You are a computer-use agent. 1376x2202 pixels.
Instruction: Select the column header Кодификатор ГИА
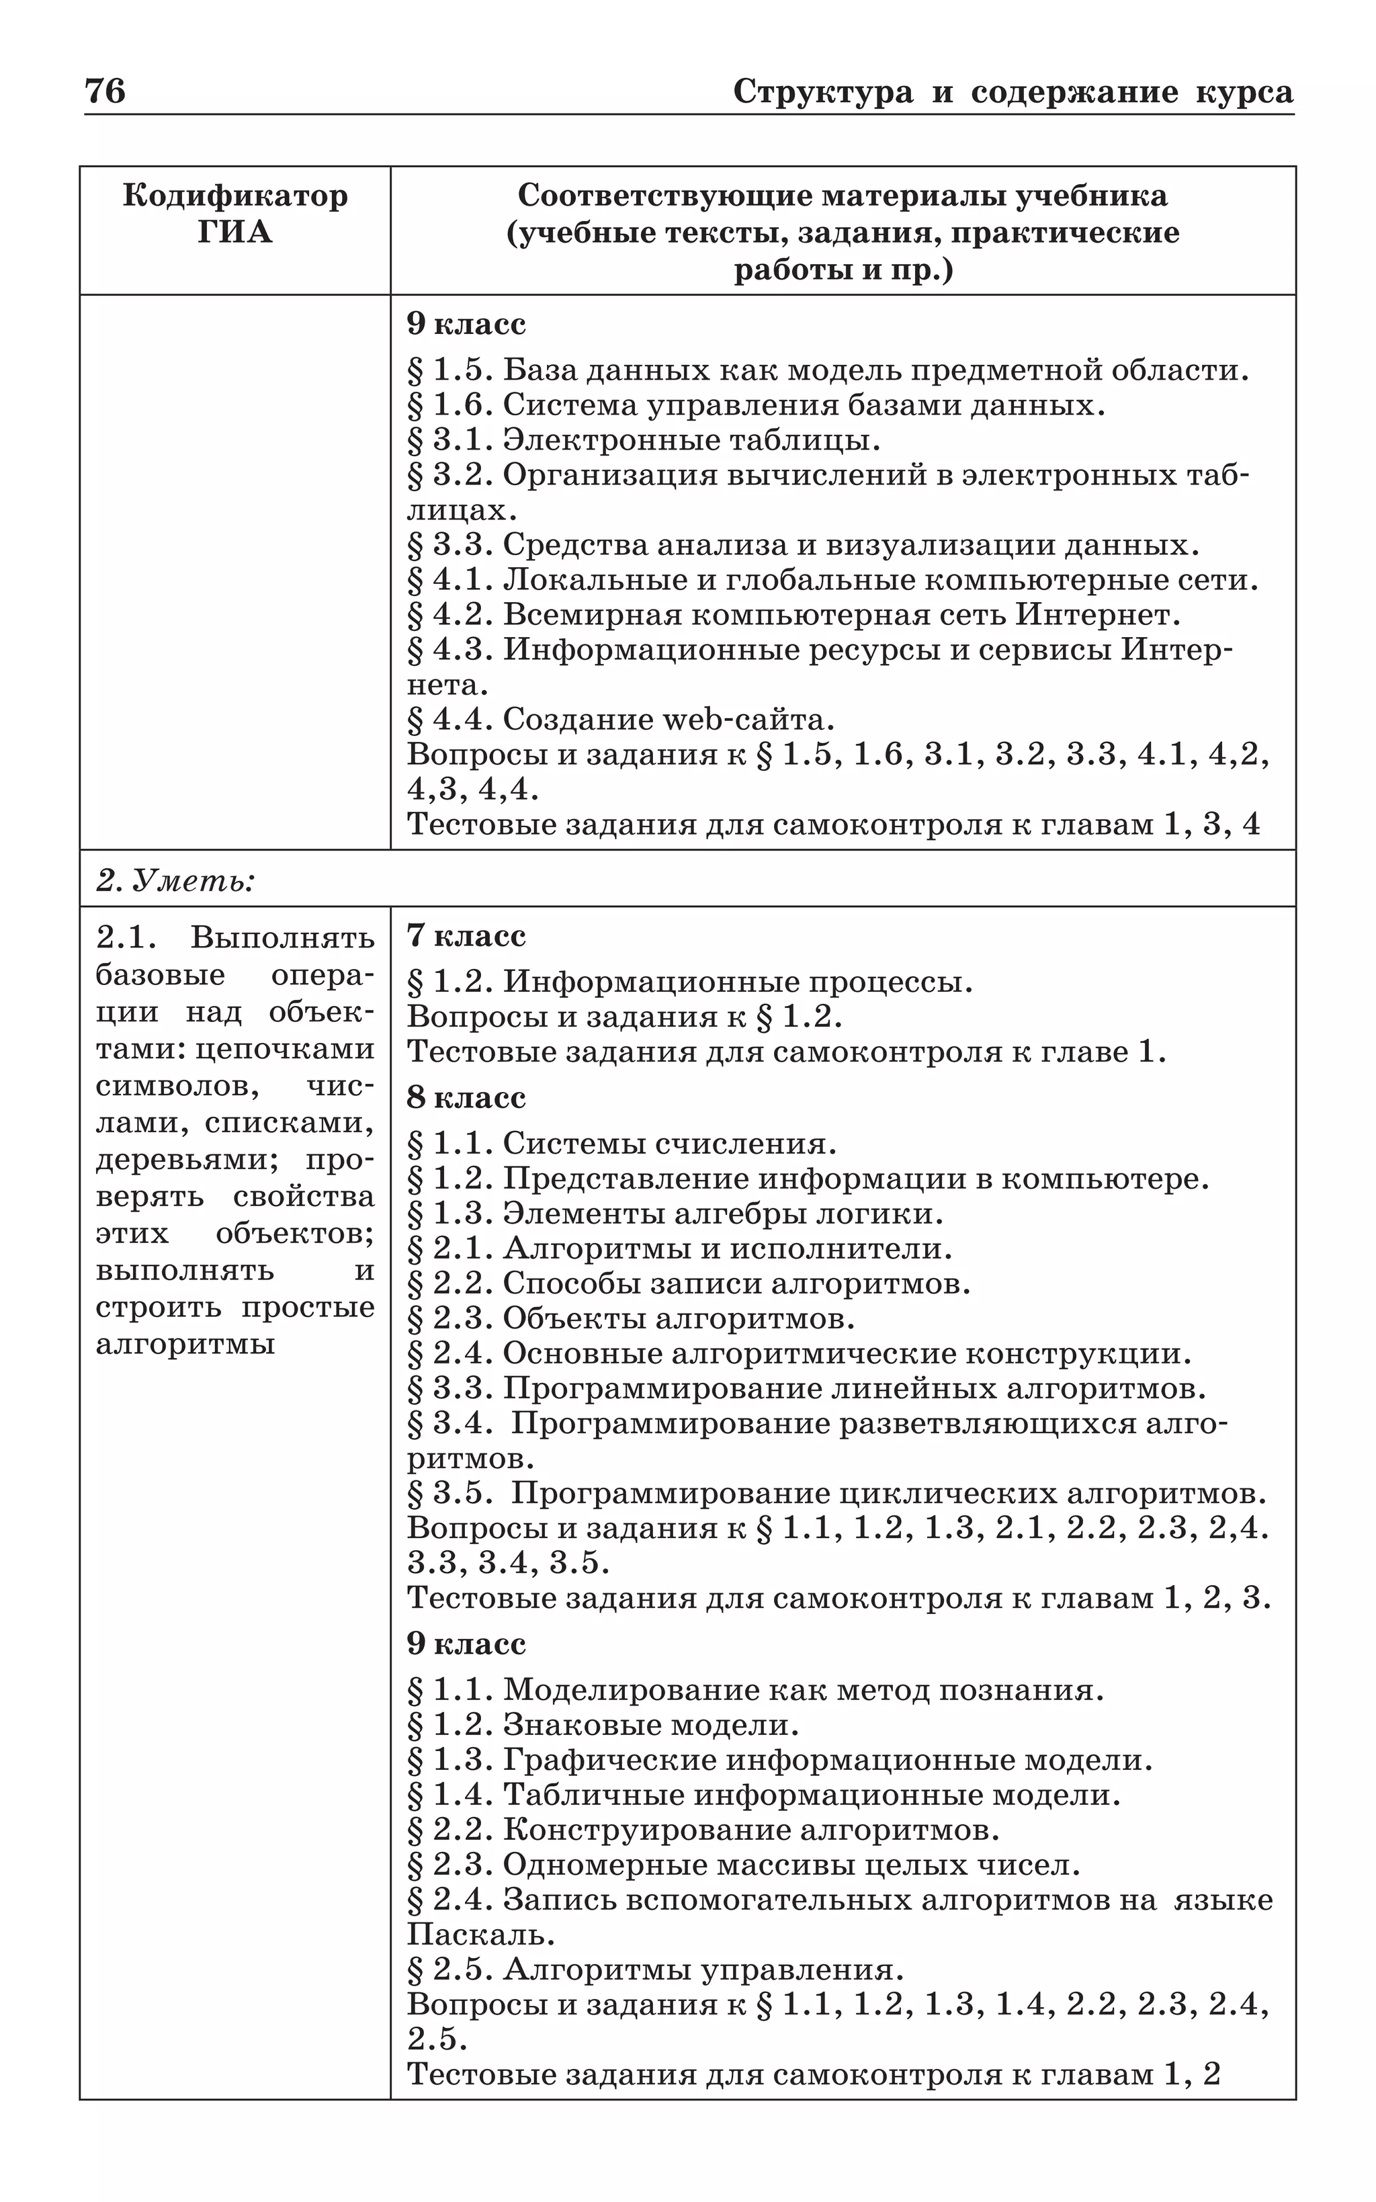(x=234, y=214)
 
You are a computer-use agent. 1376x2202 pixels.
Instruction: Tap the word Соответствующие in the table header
(x=664, y=196)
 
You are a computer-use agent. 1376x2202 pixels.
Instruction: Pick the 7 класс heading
(x=466, y=935)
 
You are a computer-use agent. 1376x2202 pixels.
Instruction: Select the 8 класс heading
(x=466, y=1097)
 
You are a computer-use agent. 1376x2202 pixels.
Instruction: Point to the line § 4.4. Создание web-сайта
(x=621, y=720)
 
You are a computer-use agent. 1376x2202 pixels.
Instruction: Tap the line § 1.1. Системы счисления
(x=621, y=1144)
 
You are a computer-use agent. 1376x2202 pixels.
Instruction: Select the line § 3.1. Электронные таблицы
(x=644, y=440)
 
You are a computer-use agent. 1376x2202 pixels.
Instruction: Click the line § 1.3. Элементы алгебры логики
(x=675, y=1214)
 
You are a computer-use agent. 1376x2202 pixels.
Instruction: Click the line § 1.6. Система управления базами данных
(x=755, y=405)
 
